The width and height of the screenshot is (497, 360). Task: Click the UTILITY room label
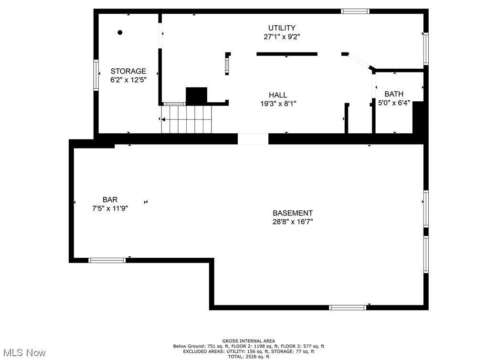281,28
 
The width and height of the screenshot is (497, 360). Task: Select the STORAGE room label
128,71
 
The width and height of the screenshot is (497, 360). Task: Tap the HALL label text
277,95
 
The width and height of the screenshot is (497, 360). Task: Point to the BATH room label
394,94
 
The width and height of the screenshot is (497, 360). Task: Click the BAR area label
110,200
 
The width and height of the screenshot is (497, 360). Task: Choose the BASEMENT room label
293,213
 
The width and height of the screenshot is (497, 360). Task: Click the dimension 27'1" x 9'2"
281,36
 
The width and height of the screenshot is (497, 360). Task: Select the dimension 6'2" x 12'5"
128,80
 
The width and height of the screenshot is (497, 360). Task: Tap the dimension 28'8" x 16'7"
293,222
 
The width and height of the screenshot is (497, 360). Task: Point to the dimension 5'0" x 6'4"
394,103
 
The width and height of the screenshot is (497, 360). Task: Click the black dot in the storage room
120,32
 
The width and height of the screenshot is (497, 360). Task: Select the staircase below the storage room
186,119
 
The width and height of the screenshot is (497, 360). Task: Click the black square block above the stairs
196,95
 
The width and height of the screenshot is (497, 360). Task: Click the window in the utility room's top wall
355,11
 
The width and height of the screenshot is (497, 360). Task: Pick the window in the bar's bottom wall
107,260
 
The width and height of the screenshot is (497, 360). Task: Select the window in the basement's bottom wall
348,307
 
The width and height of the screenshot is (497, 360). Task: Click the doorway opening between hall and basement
253,138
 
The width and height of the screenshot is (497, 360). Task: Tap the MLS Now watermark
23,353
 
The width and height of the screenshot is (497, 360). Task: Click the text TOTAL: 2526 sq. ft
249,356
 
